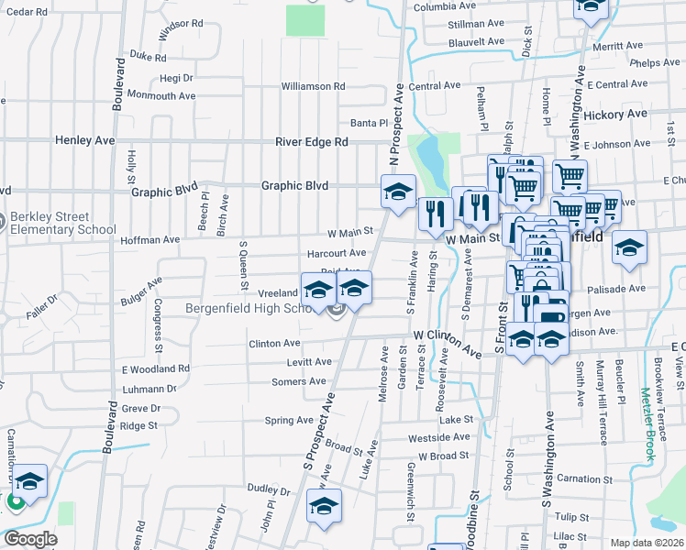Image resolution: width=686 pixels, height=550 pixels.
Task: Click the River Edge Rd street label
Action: (x=312, y=142)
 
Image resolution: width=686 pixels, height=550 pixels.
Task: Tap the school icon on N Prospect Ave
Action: (x=398, y=193)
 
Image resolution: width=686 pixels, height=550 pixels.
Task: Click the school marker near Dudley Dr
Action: (x=324, y=506)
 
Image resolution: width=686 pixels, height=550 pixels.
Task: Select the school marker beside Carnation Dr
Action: (x=29, y=482)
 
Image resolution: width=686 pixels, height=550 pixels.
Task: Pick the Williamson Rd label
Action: (x=313, y=86)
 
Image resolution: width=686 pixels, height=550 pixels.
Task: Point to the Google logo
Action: (x=30, y=539)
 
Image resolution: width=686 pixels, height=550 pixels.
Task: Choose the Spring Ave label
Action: (x=289, y=421)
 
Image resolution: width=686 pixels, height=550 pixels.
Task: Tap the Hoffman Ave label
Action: (x=150, y=240)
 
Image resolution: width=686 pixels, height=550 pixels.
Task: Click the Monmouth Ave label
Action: (x=161, y=95)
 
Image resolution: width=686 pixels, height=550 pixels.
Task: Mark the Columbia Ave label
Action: (x=446, y=6)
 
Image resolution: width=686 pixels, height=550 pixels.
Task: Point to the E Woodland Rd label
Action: (x=156, y=368)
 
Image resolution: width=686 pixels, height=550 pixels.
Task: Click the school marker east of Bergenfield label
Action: (x=629, y=248)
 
